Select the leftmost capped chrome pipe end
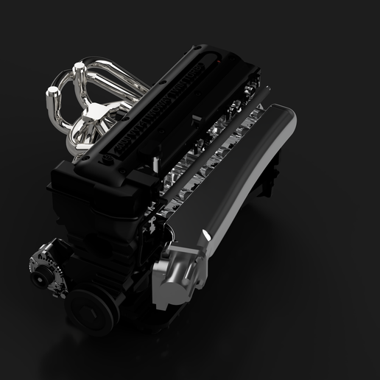[53, 93]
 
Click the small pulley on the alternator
[37, 263]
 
